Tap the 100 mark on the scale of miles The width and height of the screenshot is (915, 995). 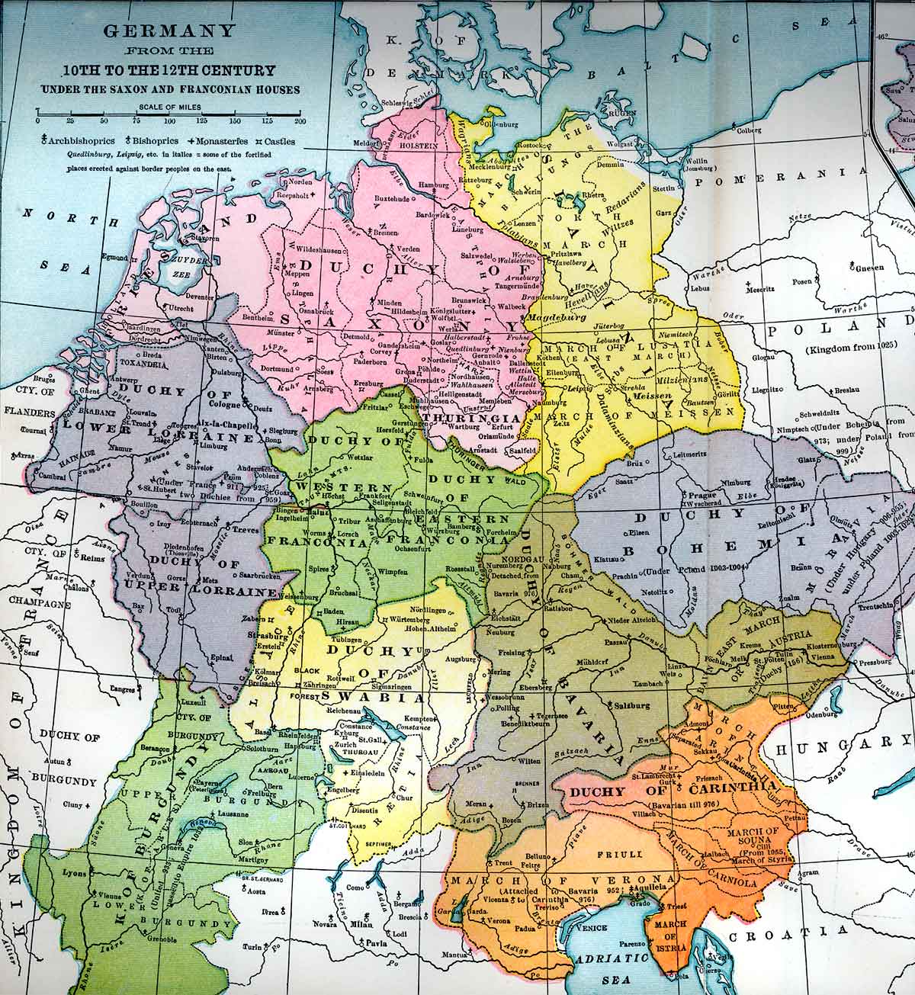pos(168,121)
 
